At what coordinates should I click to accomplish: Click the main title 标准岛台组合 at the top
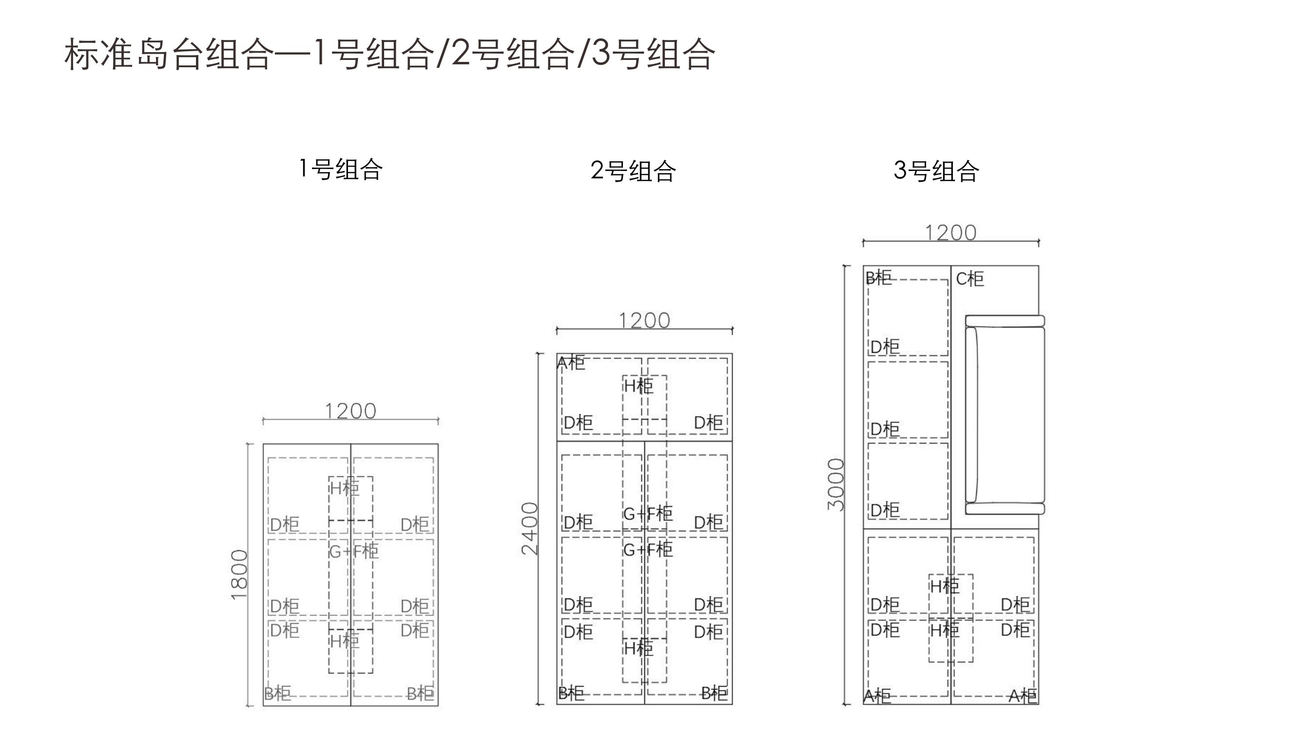pos(169,54)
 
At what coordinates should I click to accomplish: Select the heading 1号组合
pos(341,169)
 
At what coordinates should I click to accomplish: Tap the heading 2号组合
pos(633,171)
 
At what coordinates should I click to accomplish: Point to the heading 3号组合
pos(937,171)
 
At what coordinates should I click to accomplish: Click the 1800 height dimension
pos(239,575)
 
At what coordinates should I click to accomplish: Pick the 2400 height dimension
pos(530,529)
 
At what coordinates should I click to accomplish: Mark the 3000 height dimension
pos(835,484)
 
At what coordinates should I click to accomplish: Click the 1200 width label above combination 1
pos(351,411)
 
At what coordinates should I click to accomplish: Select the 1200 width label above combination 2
pos(644,320)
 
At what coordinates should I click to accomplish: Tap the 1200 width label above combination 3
pos(951,232)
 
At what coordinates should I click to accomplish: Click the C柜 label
pos(970,279)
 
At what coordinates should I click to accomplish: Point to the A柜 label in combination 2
pos(571,362)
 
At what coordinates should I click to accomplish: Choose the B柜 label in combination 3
pos(879,278)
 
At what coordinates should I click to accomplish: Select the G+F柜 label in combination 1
pos(354,551)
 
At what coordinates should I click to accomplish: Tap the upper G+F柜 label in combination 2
pos(648,514)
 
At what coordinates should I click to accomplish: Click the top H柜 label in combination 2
pos(639,386)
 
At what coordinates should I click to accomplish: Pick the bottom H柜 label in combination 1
pos(345,641)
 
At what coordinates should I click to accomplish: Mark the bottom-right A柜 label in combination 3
pos(1023,696)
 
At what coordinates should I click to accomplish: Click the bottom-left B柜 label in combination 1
pos(277,693)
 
